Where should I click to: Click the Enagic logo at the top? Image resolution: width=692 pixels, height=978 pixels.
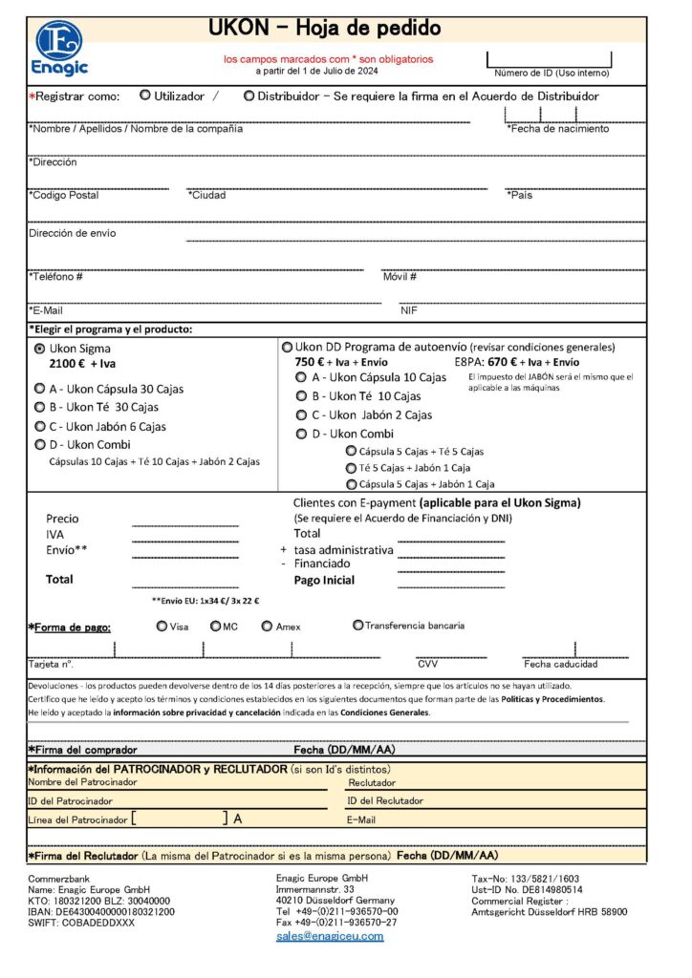59,48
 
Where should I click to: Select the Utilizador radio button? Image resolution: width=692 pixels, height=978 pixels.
145,96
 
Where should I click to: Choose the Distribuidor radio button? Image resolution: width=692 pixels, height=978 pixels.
249,96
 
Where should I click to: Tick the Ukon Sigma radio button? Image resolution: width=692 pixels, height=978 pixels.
39,349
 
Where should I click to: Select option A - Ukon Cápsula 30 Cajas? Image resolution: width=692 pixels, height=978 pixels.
39,389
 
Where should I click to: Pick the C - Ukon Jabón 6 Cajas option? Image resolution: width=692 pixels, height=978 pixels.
39,426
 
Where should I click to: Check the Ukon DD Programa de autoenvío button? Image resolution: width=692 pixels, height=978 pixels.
287,347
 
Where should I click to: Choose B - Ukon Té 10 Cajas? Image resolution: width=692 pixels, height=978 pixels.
302,395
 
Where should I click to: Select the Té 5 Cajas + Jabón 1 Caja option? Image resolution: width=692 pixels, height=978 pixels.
351,468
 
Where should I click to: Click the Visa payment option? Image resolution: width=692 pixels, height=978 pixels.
161,627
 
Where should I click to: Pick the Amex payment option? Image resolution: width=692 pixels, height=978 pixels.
268,627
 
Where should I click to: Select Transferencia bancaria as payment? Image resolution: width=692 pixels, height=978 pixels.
357,626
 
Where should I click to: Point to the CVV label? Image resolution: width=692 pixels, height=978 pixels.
427,664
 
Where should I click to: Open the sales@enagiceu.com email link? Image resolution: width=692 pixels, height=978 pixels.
330,936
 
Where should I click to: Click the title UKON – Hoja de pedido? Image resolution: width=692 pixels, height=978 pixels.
324,29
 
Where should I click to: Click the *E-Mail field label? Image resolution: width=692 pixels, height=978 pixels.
46,310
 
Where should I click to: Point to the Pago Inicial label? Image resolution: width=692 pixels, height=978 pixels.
324,580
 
